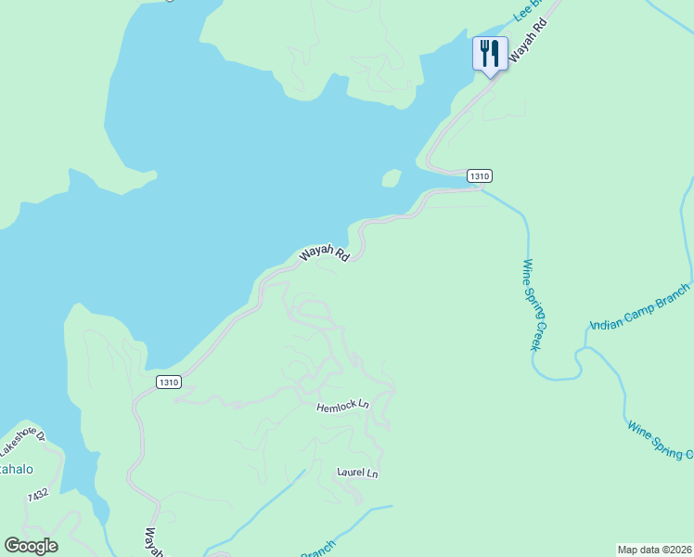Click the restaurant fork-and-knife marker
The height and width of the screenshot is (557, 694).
click(x=490, y=53)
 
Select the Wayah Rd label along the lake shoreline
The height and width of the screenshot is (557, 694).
click(x=323, y=254)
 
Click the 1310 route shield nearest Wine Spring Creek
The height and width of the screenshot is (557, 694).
click(x=479, y=175)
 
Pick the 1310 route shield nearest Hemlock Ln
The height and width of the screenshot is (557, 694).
click(x=168, y=382)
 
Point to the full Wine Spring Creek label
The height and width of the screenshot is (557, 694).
click(x=533, y=304)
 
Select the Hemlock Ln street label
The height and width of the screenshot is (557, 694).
click(x=342, y=407)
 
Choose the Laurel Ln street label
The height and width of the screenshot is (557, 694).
click(x=357, y=473)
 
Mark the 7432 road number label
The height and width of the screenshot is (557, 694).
click(x=37, y=497)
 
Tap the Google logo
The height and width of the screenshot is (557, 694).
click(x=31, y=546)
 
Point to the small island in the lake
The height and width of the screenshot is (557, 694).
click(x=392, y=177)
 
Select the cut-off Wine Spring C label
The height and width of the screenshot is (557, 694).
click(x=662, y=441)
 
